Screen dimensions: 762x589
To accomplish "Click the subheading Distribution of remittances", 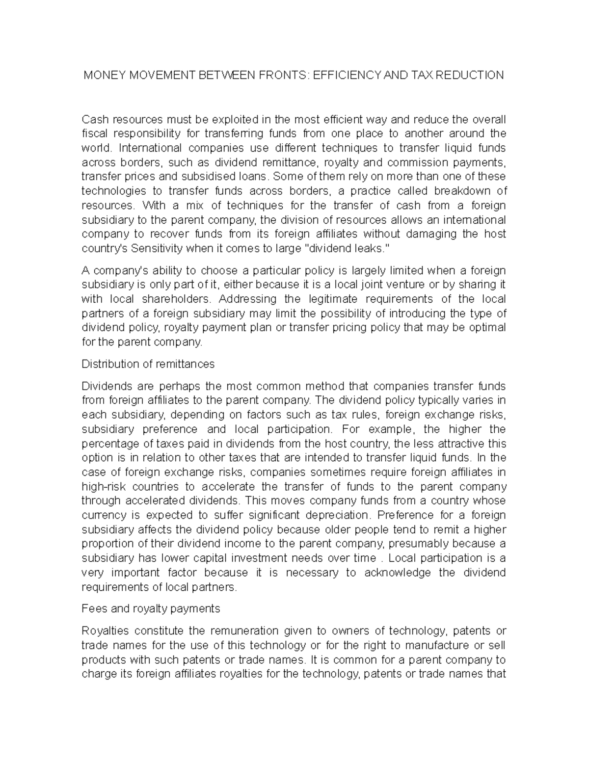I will tap(148, 364).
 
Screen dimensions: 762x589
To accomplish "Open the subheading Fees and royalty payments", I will tap(151, 609).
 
